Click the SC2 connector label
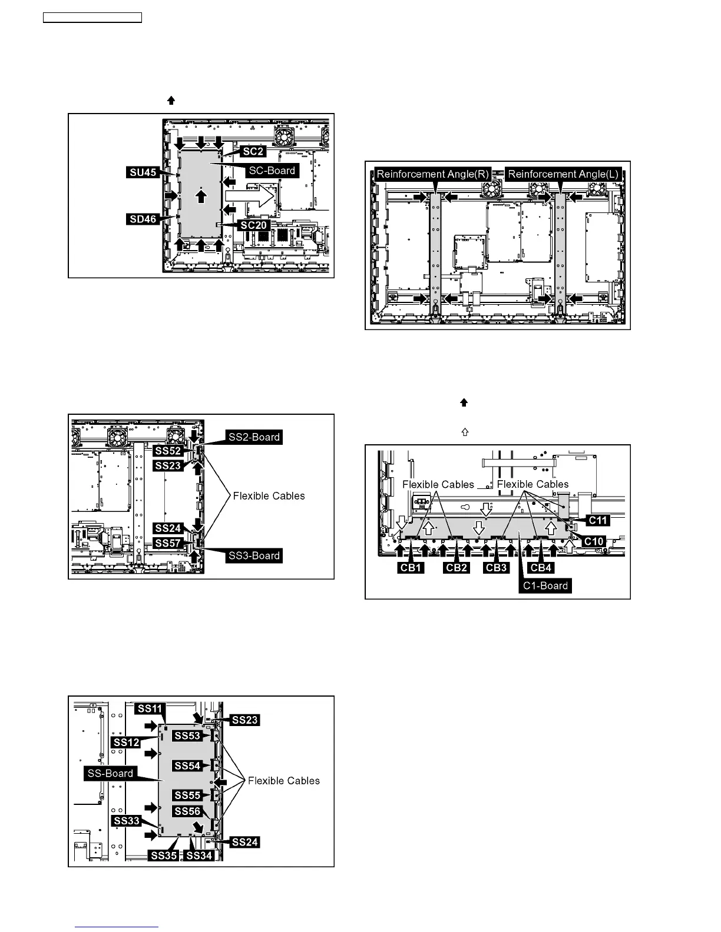pos(254,151)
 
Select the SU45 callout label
pos(143,172)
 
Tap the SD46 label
pos(143,219)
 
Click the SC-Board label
pos(273,171)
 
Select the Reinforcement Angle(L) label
pos(563,174)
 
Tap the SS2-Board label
pos(254,437)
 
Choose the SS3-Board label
pos(254,555)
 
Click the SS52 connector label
pos(168,451)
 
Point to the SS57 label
pos(168,543)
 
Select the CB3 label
pos(497,568)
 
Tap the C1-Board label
pos(546,585)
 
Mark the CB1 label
pos(411,568)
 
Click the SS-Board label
pos(110,773)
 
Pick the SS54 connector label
pos(187,765)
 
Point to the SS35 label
pos(164,855)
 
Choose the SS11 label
pos(150,708)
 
